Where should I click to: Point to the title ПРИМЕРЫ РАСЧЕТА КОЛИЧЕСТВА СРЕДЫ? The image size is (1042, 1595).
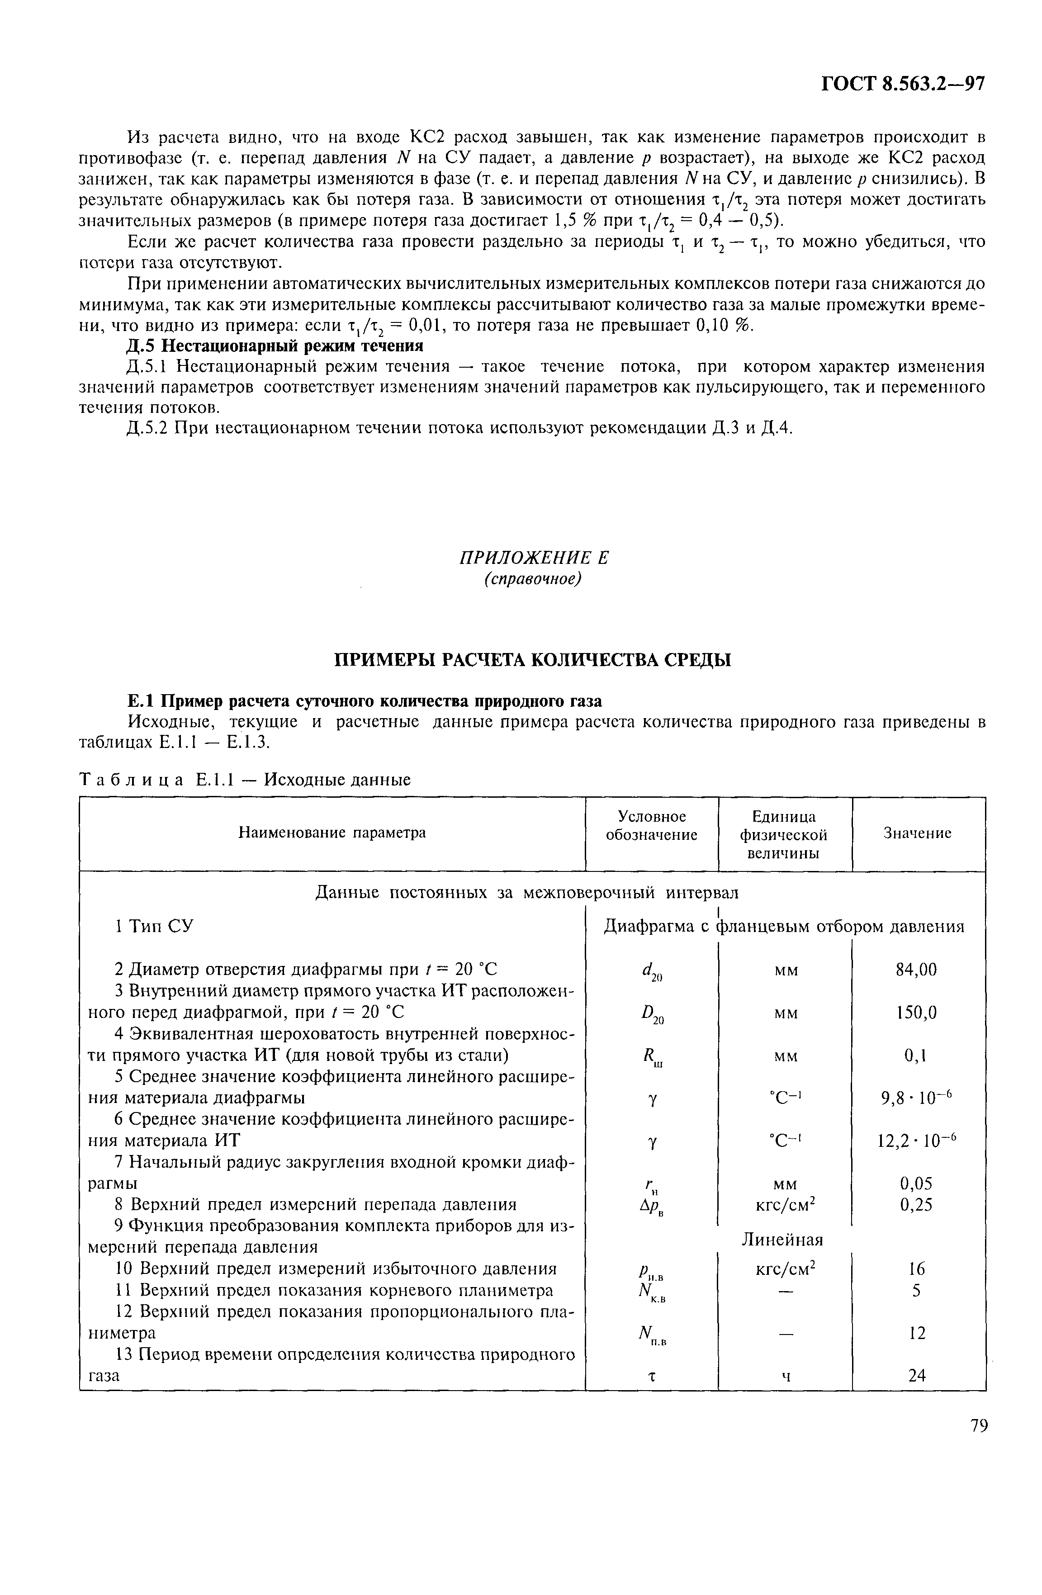(533, 660)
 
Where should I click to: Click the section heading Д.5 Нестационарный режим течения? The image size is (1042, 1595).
(275, 346)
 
